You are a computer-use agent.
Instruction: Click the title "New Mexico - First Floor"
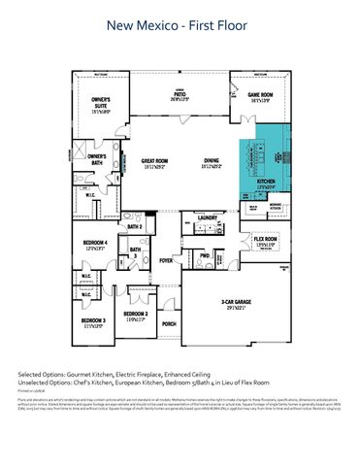(x=180, y=29)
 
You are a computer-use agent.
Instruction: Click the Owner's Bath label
(x=95, y=158)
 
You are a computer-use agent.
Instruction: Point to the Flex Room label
(x=267, y=241)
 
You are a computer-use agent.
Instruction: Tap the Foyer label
(x=166, y=260)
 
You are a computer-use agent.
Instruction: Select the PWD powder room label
(x=205, y=255)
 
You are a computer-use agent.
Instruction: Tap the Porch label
(x=169, y=323)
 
